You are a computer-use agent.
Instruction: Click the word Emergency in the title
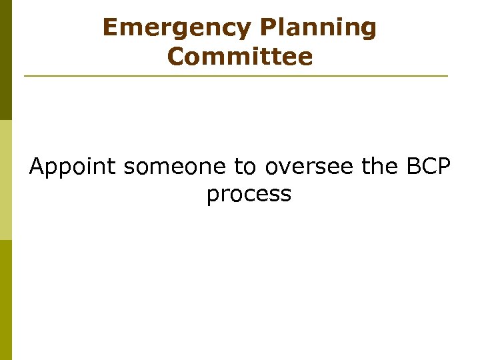[x=177, y=28]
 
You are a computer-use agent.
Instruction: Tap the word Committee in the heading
[x=240, y=57]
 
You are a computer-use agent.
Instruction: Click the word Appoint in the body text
[x=73, y=166]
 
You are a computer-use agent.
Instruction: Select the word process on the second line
[x=249, y=195]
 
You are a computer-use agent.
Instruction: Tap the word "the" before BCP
[x=380, y=166]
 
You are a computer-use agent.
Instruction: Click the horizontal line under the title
[x=236, y=76]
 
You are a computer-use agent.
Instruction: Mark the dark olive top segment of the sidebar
[x=5, y=60]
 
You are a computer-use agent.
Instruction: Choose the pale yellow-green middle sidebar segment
[x=5, y=180]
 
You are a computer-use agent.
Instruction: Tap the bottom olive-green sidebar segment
[x=5, y=300]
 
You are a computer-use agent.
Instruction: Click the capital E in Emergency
[x=111, y=28]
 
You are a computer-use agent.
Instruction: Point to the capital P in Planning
[x=266, y=28]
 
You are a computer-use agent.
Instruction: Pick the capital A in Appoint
[x=37, y=166]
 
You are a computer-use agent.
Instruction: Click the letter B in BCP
[x=411, y=166]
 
